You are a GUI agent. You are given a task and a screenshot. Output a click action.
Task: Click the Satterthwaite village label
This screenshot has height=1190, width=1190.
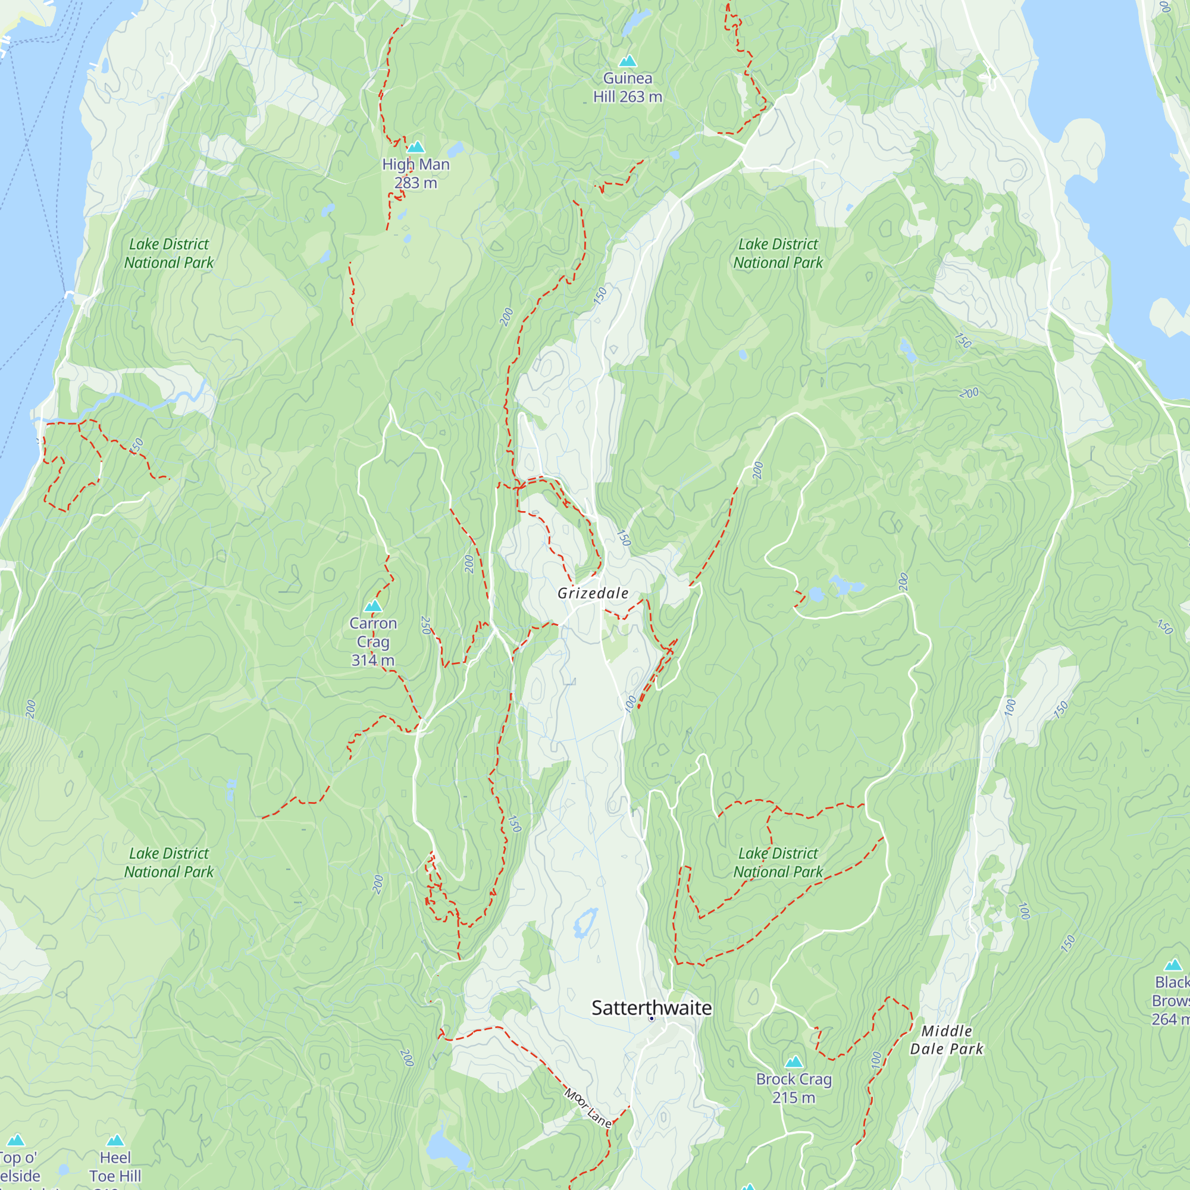(651, 1008)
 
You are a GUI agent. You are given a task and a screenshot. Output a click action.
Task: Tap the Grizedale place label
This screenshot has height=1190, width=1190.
(593, 593)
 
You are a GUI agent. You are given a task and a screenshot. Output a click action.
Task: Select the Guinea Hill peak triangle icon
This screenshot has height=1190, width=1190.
(627, 61)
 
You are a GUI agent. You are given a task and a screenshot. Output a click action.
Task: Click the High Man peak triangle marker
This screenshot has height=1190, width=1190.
(416, 147)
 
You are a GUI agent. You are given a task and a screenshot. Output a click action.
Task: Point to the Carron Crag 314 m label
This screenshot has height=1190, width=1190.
(372, 641)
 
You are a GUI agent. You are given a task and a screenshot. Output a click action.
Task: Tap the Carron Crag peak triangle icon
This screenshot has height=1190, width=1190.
(372, 606)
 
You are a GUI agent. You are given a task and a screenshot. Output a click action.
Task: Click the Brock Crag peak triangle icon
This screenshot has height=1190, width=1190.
(793, 1062)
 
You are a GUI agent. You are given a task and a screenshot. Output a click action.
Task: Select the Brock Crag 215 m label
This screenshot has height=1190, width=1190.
(793, 1088)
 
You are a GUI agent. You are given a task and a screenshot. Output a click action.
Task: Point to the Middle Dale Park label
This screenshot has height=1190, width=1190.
(946, 1039)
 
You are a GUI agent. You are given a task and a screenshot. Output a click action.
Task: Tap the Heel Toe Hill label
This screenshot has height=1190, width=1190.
(115, 1167)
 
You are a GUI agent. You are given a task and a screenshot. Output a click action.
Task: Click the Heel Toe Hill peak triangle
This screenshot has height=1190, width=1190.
(115, 1141)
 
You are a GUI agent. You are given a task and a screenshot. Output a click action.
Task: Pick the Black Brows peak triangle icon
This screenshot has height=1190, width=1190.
(1173, 964)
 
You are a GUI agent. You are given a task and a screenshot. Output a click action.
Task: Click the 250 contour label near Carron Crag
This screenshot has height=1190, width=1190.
(425, 625)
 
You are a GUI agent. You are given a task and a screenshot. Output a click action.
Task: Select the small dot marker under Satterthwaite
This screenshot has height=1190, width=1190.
(651, 1019)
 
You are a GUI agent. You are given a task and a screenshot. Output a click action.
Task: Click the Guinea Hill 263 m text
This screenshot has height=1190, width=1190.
(627, 87)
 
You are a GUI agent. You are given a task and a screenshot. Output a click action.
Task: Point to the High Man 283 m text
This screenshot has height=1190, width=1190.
(416, 174)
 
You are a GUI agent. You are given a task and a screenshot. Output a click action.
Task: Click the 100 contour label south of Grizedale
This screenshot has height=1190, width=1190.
(630, 703)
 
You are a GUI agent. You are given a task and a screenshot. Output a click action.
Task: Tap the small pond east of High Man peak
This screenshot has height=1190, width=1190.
(455, 150)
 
